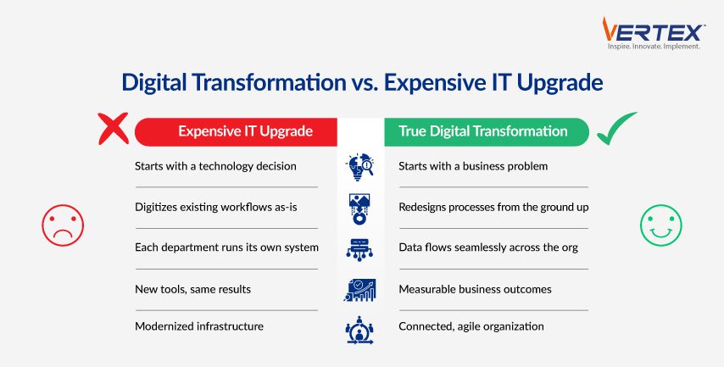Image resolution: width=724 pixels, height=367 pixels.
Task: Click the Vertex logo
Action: [x=654, y=33]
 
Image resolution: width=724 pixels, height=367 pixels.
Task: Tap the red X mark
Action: [x=113, y=129]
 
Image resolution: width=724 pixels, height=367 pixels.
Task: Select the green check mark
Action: [x=616, y=128]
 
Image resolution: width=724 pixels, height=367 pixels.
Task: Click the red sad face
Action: [x=63, y=225]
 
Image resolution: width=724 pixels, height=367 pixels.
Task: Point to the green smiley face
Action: [x=660, y=225]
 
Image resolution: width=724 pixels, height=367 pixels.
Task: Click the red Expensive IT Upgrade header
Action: [x=236, y=132]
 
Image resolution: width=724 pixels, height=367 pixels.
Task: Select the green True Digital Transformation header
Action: [x=487, y=132]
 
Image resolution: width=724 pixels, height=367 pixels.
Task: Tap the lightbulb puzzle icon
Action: [x=359, y=167]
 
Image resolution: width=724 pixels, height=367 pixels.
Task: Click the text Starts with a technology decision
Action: [x=215, y=166]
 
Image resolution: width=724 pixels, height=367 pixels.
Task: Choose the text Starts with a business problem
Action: [x=473, y=166]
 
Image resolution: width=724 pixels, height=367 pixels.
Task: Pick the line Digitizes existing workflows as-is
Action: [x=215, y=208]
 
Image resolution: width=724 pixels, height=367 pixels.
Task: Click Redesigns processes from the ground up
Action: [x=493, y=208]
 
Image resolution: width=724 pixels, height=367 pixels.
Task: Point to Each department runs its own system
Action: [x=226, y=247]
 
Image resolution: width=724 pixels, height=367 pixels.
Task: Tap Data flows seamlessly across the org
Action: [x=488, y=247]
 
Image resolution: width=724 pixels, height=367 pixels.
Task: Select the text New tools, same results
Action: [x=193, y=289]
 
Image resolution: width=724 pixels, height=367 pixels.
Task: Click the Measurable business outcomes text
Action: [x=475, y=289]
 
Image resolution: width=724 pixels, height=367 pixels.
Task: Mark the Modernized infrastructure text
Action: [x=199, y=326]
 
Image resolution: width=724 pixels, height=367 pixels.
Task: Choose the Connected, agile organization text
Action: [x=471, y=327]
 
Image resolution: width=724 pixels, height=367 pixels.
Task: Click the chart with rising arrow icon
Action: [x=359, y=290]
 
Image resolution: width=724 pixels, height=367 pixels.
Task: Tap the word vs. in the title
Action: [x=365, y=82]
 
